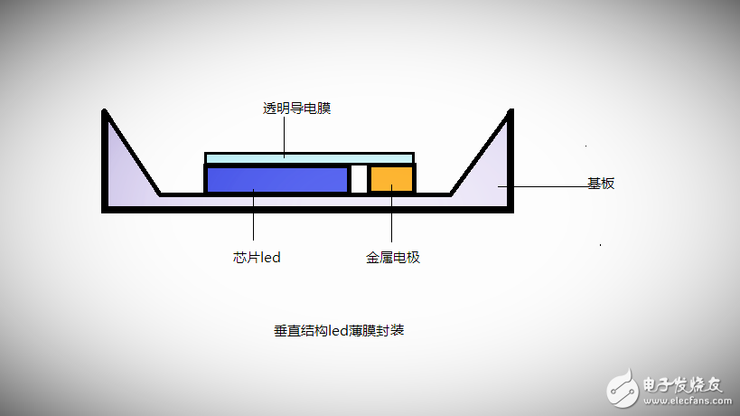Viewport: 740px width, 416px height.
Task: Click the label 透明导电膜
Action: click(296, 109)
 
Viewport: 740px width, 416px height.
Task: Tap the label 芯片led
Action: click(257, 258)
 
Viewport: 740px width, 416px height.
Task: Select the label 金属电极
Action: click(393, 258)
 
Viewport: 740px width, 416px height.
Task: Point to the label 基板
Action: click(601, 184)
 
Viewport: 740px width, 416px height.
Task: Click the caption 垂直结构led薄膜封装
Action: click(339, 330)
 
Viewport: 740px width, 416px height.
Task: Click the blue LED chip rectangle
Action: click(277, 179)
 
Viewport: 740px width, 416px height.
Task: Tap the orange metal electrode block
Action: click(392, 179)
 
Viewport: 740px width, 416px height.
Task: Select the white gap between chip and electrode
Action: click(359, 179)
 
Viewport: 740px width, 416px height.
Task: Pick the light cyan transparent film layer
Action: click(310, 158)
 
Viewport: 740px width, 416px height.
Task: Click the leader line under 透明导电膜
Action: click(284, 137)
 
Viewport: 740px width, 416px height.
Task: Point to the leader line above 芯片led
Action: click(253, 215)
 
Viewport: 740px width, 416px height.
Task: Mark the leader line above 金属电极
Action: click(392, 213)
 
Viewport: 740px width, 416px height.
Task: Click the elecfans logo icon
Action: click(623, 389)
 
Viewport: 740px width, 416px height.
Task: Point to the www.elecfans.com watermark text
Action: click(688, 402)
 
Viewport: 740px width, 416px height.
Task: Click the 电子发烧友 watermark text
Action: click(682, 385)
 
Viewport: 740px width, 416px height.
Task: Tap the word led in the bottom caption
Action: click(339, 330)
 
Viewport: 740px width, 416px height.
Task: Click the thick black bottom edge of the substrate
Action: click(308, 210)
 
